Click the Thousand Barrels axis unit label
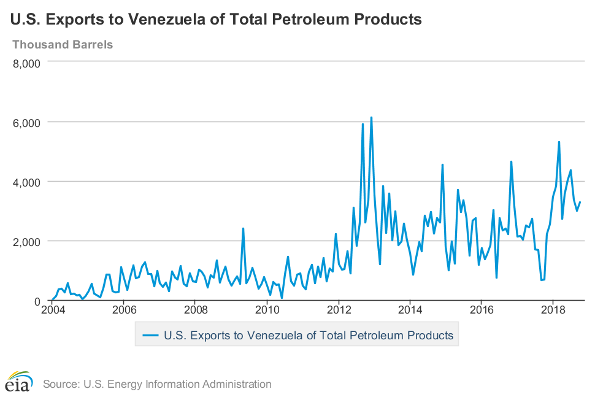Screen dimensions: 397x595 (63, 45)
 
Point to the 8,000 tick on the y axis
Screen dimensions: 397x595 (26, 63)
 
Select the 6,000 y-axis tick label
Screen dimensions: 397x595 (26, 122)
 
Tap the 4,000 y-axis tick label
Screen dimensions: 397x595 (26, 182)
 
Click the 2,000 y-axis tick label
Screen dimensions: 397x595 (26, 241)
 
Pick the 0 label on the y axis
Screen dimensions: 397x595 (37, 301)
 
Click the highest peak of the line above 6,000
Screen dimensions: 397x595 (371, 117)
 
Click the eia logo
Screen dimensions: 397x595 (17, 382)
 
